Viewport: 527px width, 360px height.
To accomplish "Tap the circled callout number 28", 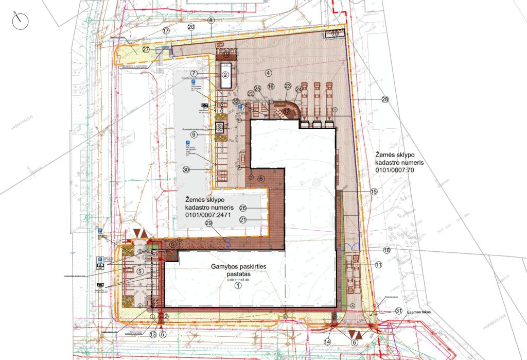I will (x=385, y=99).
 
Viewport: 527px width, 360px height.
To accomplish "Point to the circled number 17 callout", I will (x=166, y=31).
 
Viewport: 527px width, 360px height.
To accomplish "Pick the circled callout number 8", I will (x=210, y=20).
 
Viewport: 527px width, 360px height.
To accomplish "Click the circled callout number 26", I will (x=243, y=208).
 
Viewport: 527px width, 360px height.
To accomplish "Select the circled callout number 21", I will (x=243, y=219).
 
